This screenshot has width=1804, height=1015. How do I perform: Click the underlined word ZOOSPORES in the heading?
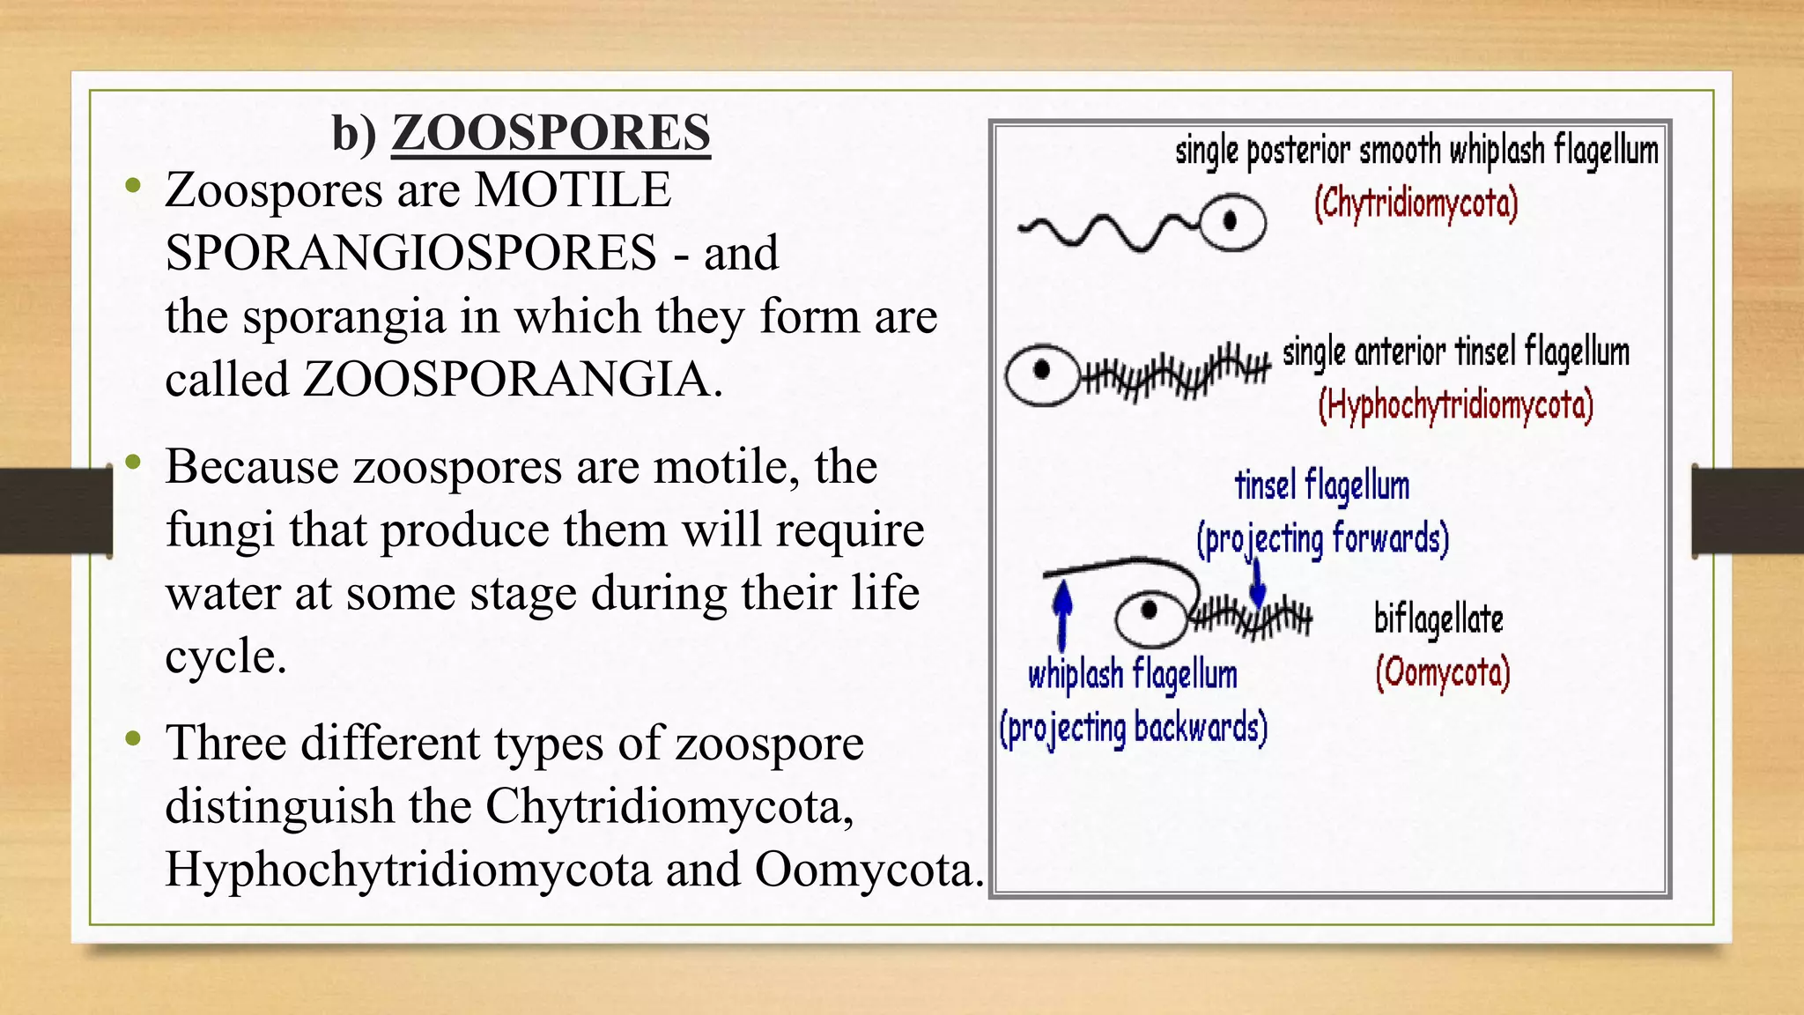point(551,132)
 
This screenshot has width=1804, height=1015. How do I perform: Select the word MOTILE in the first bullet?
point(573,190)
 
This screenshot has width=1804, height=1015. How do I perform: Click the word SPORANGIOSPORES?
point(410,253)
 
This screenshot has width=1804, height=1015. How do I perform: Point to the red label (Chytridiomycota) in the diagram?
point(1416,204)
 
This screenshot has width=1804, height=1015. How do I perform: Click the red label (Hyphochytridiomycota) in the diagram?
point(1456,406)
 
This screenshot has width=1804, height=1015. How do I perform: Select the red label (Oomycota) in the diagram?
point(1443,674)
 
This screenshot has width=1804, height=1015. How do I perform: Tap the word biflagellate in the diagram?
point(1438,619)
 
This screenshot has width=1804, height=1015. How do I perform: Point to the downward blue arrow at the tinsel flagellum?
point(1257,583)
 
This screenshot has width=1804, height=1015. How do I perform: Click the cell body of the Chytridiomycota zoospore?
point(1232,221)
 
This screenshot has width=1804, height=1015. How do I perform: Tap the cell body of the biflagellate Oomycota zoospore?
point(1150,618)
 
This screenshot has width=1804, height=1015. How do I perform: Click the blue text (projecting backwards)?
point(1133,729)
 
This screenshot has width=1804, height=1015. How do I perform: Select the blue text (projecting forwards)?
point(1322,539)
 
